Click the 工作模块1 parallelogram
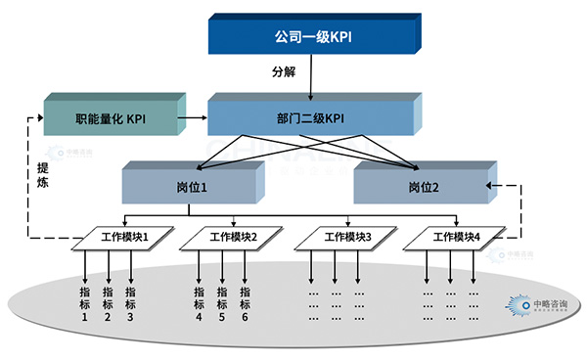pos(124,237)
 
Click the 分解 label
pos(283,73)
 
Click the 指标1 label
pos(84,303)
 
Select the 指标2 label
pos(108,303)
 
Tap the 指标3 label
pos(130,303)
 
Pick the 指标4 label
pos(199,303)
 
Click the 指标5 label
pos(222,303)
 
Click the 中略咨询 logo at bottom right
pos(529,305)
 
